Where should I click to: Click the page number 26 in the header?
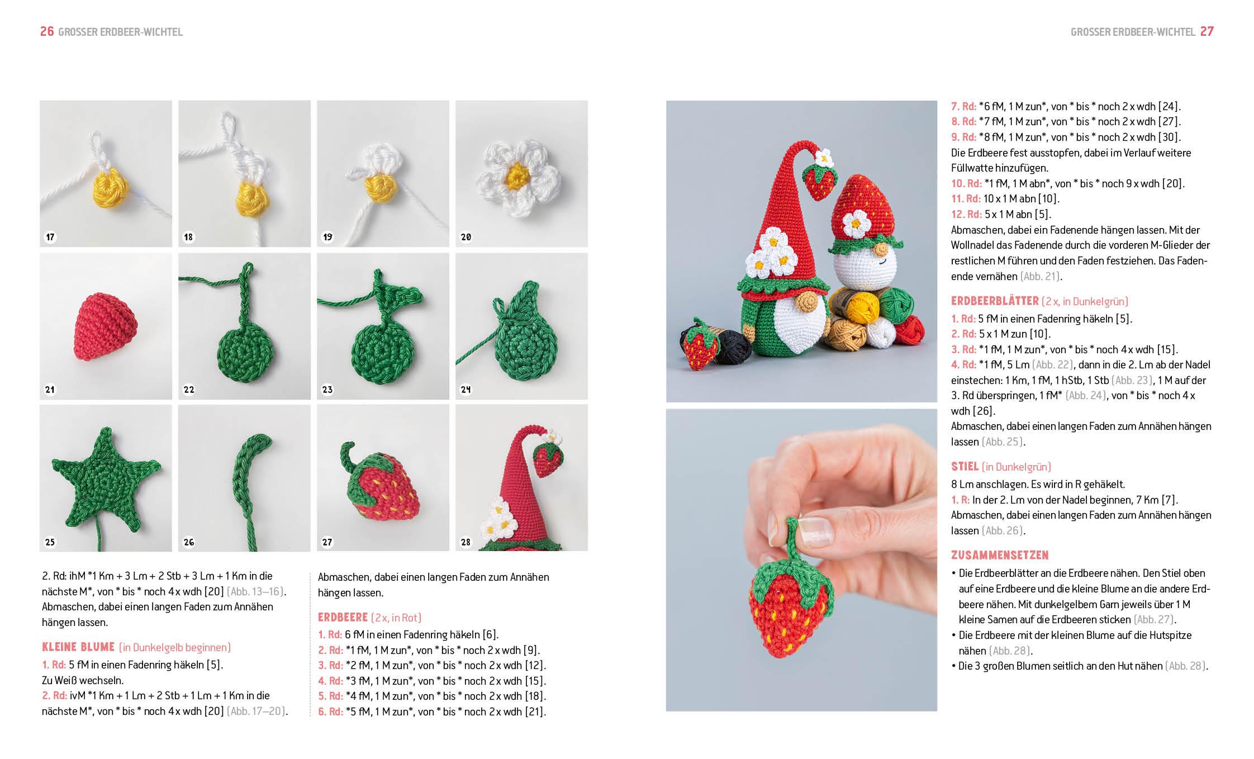click(x=47, y=32)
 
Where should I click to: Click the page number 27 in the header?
click(x=1207, y=32)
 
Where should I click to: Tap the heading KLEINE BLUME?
click(x=78, y=647)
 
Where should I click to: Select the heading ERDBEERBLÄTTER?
click(x=995, y=301)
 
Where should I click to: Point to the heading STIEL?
click(x=965, y=467)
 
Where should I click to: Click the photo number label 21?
click(x=50, y=390)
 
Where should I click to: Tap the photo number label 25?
click(x=50, y=542)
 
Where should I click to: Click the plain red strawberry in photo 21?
click(x=106, y=324)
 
